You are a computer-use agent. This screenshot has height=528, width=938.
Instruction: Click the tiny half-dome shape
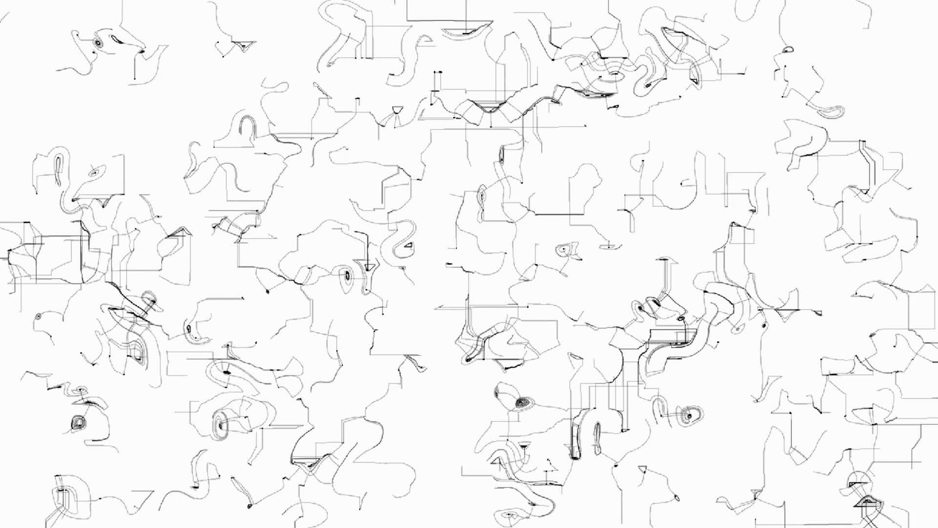click(788, 49)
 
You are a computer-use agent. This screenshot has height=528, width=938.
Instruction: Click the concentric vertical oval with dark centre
click(346, 275)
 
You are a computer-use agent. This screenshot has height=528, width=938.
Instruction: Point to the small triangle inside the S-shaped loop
click(407, 245)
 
